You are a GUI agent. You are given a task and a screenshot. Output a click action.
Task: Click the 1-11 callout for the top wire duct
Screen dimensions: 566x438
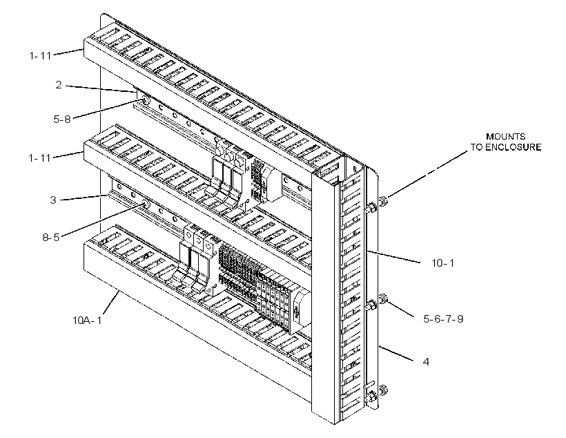(x=40, y=56)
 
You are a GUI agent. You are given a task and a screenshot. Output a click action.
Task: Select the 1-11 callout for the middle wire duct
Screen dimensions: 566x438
(x=40, y=158)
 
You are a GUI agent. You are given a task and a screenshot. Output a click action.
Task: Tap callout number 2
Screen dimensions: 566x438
(x=59, y=85)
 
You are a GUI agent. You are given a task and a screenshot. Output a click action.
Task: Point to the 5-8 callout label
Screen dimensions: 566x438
(x=62, y=120)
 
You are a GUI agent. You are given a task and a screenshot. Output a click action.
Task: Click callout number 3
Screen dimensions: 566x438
(x=53, y=200)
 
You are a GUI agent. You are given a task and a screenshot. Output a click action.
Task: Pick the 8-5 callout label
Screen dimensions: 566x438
(x=51, y=238)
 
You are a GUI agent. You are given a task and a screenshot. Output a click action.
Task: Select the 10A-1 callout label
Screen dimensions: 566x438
(x=87, y=320)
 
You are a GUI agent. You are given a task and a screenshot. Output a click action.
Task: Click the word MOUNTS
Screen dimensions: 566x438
(x=505, y=137)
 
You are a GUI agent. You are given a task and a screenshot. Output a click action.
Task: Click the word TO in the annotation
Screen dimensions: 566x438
(x=476, y=147)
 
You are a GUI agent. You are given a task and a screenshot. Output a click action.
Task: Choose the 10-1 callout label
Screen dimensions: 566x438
(x=443, y=263)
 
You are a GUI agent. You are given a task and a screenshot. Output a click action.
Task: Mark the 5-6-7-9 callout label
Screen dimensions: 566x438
(x=443, y=318)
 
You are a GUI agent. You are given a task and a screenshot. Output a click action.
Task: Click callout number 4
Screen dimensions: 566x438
(x=426, y=361)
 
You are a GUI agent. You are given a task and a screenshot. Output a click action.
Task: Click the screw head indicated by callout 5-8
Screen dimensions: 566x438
(x=146, y=101)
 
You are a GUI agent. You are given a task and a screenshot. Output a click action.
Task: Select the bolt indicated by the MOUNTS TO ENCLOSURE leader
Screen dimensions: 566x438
(x=383, y=200)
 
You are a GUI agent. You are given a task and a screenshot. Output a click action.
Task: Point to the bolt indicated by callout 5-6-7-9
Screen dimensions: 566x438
(x=383, y=299)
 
